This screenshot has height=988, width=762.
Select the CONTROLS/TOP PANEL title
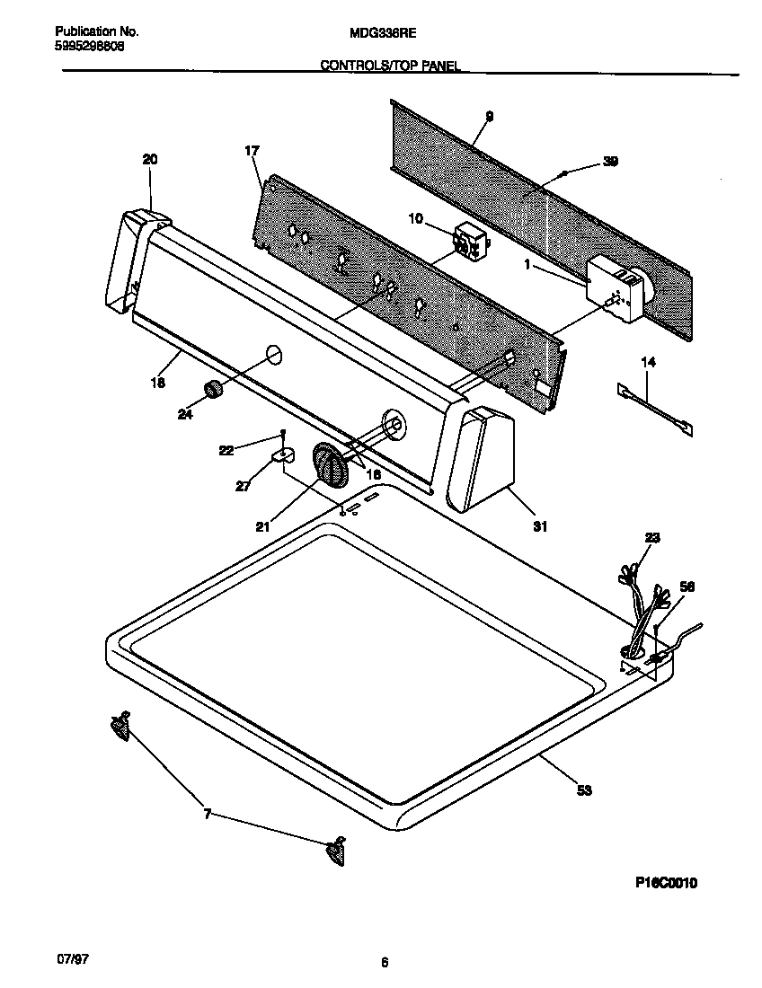pos(390,66)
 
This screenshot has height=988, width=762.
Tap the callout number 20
pos(149,160)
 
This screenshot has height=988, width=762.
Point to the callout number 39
pos(610,162)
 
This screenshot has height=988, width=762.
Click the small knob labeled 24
pos(213,390)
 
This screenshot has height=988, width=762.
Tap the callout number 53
pos(584,790)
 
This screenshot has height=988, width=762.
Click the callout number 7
pos(208,814)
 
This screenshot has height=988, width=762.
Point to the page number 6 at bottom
pos(384,964)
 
